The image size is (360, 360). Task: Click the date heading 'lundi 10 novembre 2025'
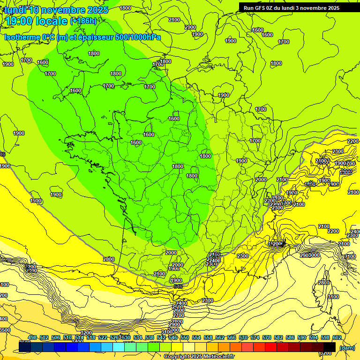click(x=56, y=10)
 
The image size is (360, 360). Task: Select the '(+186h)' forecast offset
click(x=84, y=21)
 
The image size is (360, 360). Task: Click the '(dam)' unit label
click(x=346, y=348)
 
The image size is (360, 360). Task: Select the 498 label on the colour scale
click(x=32, y=337)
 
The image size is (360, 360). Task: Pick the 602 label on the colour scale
click(x=337, y=337)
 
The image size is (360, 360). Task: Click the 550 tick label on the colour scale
click(x=185, y=337)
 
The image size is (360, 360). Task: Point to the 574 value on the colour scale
click(x=255, y=337)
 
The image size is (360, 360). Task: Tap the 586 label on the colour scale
click(x=290, y=337)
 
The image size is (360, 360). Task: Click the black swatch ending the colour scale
click(x=330, y=347)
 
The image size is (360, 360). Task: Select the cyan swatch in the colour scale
click(x=119, y=347)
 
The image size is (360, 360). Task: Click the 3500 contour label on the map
click(x=5, y=330)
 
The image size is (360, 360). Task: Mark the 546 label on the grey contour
click(x=178, y=286)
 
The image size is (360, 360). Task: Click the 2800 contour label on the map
click(x=323, y=283)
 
